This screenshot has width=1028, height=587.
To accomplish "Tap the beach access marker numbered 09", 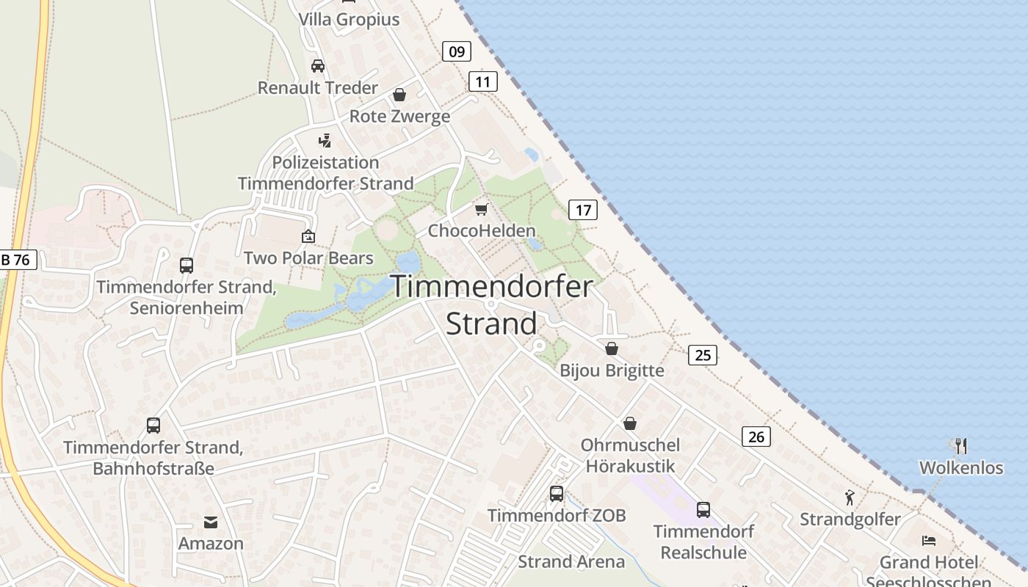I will (457, 51).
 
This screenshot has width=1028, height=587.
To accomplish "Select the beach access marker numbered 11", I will (482, 81).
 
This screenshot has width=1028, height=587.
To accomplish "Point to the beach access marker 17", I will (583, 211).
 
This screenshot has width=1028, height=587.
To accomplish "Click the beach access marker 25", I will (703, 355).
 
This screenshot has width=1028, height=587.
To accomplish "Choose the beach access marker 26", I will (756, 437).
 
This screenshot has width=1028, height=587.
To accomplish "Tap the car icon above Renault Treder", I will (318, 65).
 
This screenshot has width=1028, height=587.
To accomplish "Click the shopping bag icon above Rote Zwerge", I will (399, 95).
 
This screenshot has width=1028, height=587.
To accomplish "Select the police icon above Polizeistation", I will (325, 140).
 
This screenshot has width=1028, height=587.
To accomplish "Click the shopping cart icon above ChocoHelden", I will (482, 209).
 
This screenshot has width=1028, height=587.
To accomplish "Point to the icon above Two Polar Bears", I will (308, 236).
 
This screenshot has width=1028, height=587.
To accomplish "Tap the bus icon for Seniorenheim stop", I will (187, 265).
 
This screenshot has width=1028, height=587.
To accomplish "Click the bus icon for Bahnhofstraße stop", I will (153, 425).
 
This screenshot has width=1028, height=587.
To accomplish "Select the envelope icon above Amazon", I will (211, 522).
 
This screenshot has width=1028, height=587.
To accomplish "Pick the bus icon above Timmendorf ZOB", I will (557, 493).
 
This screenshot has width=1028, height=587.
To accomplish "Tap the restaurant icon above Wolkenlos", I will (961, 445).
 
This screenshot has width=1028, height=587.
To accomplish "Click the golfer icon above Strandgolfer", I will (850, 497).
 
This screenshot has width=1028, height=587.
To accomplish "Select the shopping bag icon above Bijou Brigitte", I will (612, 349).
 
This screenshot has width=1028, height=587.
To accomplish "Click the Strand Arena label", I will (571, 562).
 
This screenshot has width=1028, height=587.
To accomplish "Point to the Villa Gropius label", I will (349, 20).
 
